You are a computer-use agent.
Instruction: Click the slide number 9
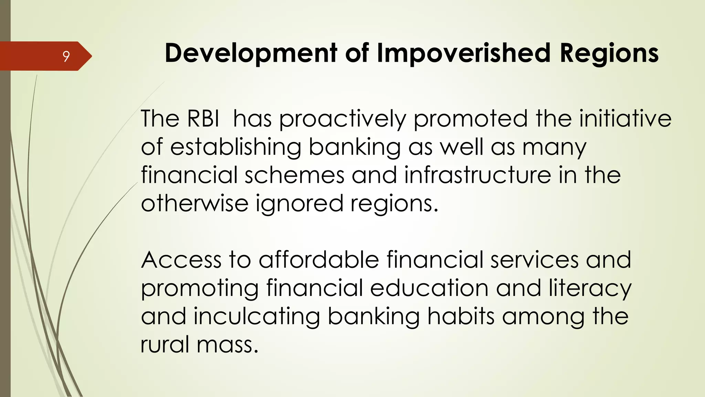[x=66, y=56]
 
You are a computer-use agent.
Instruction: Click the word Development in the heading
[x=251, y=53]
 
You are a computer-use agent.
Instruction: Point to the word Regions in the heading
[x=609, y=53]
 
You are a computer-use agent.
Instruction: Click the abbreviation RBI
[x=203, y=119]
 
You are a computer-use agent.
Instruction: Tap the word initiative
[x=625, y=119]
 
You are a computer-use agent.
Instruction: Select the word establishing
[x=235, y=147]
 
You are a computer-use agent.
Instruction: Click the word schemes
[x=294, y=175]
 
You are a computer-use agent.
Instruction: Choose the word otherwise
[x=194, y=203]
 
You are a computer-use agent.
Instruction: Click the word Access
[x=181, y=260]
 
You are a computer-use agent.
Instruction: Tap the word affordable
[x=319, y=260]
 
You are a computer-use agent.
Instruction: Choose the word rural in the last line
[x=165, y=345]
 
